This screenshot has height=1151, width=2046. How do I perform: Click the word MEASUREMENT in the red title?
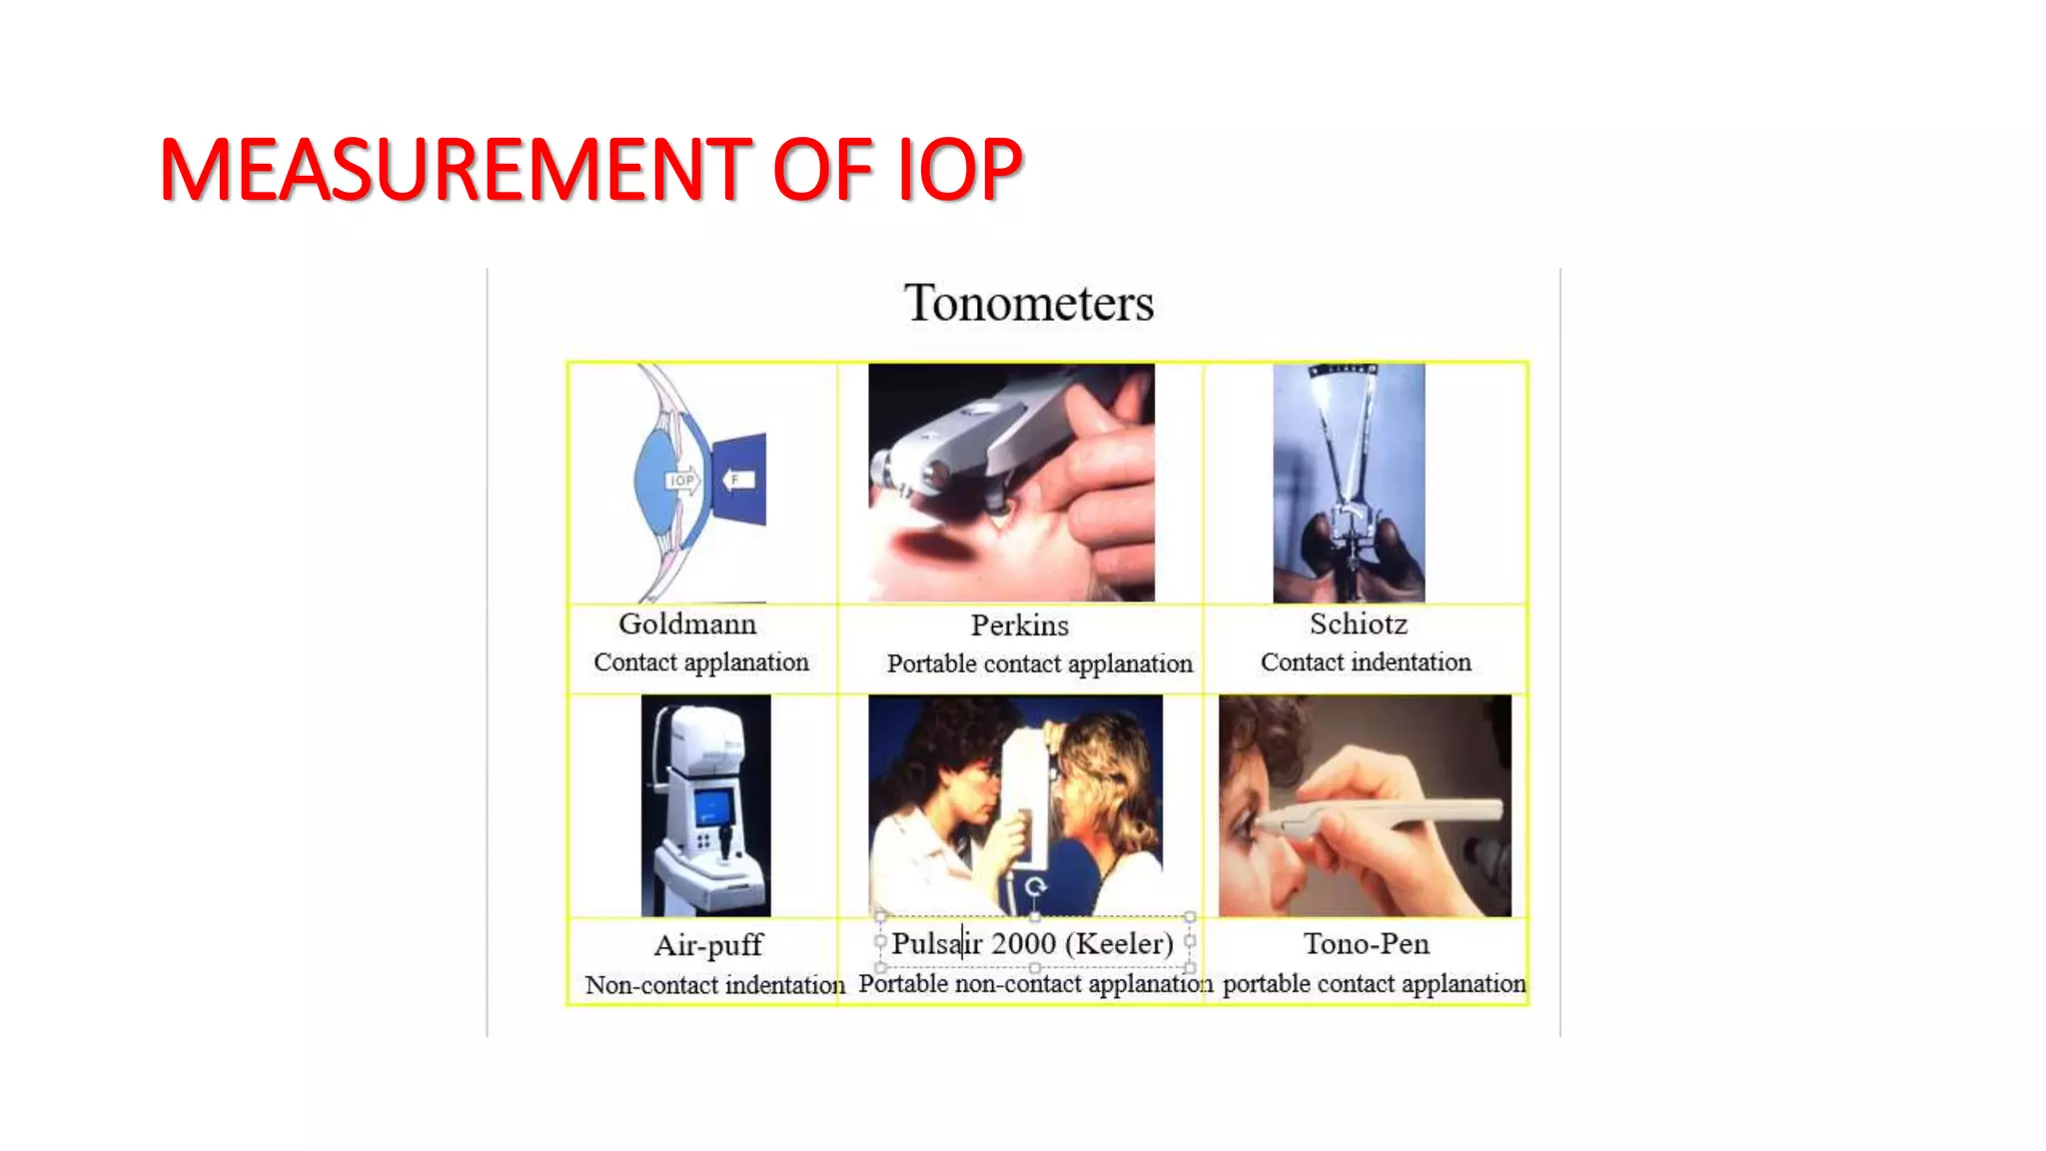455,170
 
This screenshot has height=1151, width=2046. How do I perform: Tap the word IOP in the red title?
959,170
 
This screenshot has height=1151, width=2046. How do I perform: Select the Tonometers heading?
1028,303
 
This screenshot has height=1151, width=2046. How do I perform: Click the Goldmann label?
687,624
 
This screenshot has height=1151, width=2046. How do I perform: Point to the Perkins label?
1019,625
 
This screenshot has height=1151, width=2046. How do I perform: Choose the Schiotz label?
1359,624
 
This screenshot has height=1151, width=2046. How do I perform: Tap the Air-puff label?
707,945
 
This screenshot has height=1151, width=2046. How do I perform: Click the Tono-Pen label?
1366,944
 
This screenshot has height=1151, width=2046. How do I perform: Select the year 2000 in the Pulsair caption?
1024,944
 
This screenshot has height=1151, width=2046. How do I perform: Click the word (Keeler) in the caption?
1119,944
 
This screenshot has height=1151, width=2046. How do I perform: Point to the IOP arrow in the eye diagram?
684,481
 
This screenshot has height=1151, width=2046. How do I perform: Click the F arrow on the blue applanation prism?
738,480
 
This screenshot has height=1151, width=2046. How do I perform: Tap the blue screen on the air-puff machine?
713,807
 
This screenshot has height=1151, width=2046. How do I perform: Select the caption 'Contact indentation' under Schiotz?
1366,662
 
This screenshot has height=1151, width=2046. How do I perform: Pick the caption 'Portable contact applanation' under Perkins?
1039,664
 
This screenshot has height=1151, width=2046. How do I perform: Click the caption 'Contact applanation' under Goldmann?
701,662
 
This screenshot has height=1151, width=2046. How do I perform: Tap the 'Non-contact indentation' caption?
714,985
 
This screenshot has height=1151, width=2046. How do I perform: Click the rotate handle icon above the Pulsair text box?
1035,886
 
